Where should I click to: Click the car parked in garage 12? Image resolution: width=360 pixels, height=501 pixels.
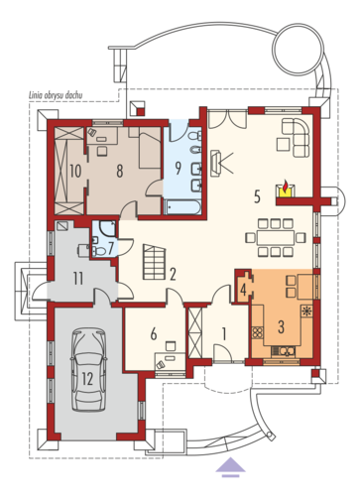click(x=88, y=370)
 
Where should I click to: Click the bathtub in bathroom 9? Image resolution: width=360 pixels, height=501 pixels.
click(x=181, y=207)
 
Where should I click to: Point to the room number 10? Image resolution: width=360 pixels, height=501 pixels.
click(x=75, y=172)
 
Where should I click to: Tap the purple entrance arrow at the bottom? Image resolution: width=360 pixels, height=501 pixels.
click(x=230, y=467)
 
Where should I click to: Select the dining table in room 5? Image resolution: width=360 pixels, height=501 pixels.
click(x=276, y=237)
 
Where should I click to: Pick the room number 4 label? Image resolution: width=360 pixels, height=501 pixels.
click(x=244, y=290)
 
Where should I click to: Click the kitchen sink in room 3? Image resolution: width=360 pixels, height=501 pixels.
click(x=283, y=351)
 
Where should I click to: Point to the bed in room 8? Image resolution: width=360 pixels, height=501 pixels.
click(x=150, y=151)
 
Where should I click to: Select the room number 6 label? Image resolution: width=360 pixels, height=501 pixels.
click(x=154, y=334)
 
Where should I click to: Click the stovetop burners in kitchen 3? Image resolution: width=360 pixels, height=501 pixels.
click(x=258, y=332)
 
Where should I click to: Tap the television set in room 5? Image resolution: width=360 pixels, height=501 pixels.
click(x=215, y=163)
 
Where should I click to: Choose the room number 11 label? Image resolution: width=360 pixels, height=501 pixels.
click(x=78, y=279)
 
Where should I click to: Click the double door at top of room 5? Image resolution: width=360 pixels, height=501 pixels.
click(x=228, y=119)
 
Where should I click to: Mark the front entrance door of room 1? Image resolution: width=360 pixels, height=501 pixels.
click(x=222, y=354)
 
